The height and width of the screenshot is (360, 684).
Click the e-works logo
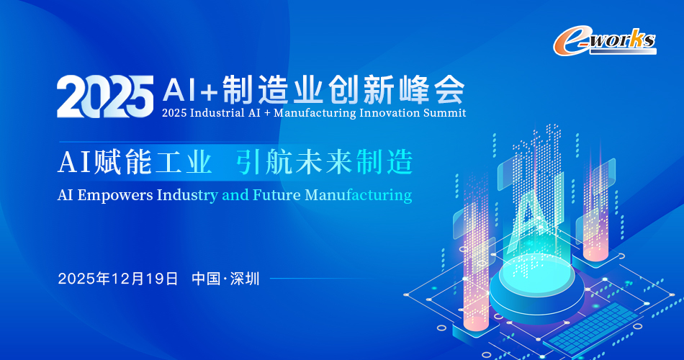point(605,42)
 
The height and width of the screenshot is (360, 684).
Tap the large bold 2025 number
point(105,96)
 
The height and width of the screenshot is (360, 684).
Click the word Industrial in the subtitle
point(217,113)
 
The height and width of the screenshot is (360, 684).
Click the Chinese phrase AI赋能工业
point(135,162)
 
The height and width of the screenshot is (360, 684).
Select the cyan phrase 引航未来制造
point(325,162)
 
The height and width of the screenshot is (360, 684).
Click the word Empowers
point(115,196)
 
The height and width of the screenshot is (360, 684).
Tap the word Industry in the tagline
point(187,196)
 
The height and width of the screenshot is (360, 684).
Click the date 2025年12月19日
point(118,279)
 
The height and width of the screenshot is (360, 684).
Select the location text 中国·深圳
point(225,279)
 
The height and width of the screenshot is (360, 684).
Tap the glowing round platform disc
point(536,288)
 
